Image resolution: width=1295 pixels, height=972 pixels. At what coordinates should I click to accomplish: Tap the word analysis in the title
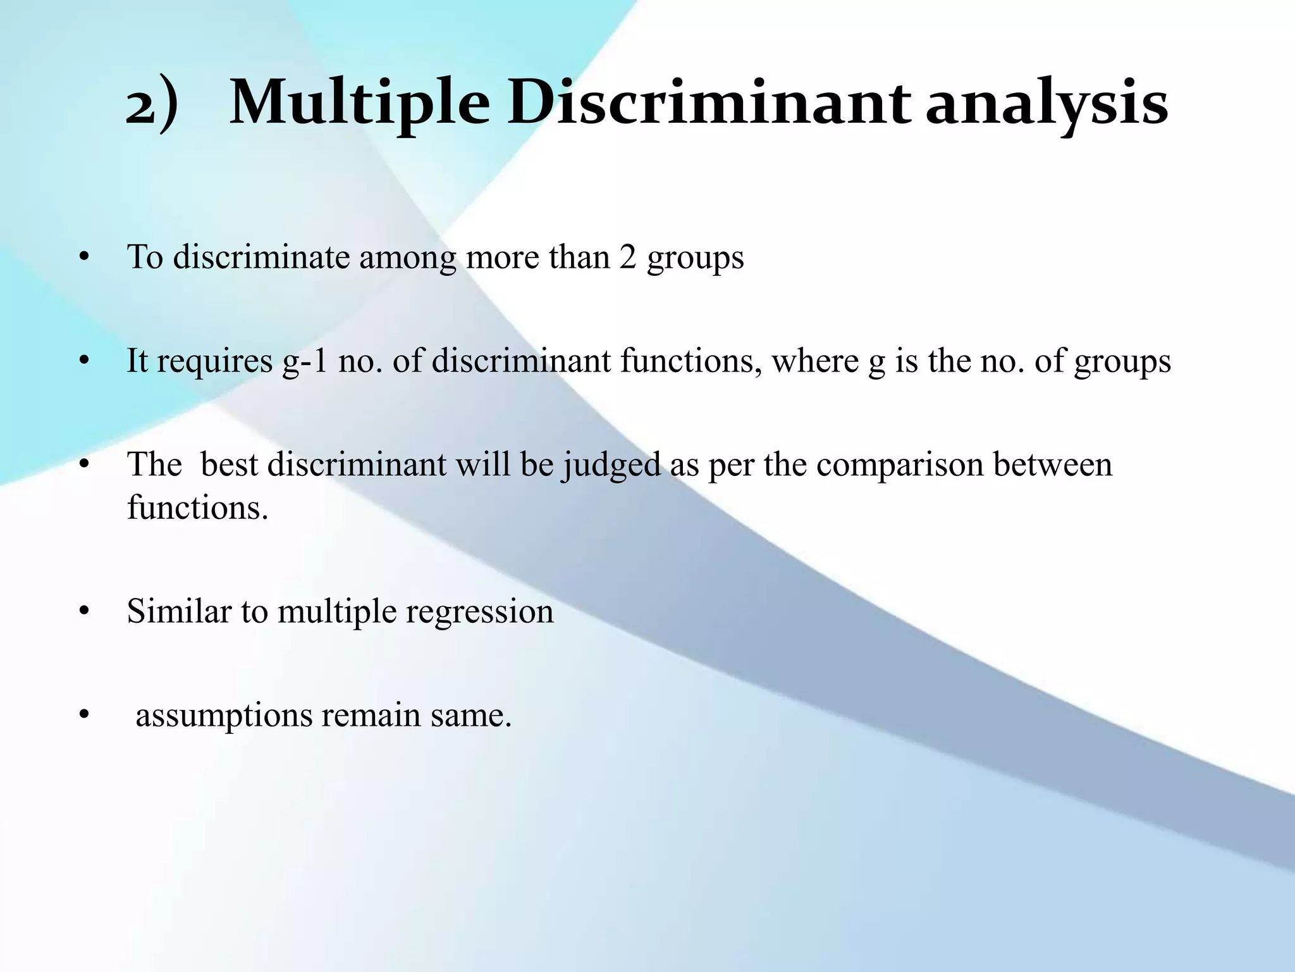coord(1046,104)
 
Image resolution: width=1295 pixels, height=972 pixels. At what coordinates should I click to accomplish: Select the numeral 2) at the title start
coord(152,104)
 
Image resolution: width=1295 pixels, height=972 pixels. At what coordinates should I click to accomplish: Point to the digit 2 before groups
coord(627,257)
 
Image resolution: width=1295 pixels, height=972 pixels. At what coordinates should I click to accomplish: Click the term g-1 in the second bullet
coord(305,361)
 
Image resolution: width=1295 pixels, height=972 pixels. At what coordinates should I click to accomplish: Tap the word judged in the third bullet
coord(611,465)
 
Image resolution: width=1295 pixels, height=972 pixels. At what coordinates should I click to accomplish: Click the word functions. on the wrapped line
coord(197,507)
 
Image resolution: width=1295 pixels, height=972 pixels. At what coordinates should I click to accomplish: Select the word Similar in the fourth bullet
coord(179,611)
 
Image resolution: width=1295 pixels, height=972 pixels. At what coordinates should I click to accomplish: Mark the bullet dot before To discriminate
coord(84,258)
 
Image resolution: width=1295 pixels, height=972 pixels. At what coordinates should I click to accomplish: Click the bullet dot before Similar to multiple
coord(84,612)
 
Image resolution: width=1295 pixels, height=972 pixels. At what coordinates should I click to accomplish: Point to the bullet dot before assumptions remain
coord(84,716)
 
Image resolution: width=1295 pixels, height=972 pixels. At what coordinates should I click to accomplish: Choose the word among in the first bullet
coord(407,258)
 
